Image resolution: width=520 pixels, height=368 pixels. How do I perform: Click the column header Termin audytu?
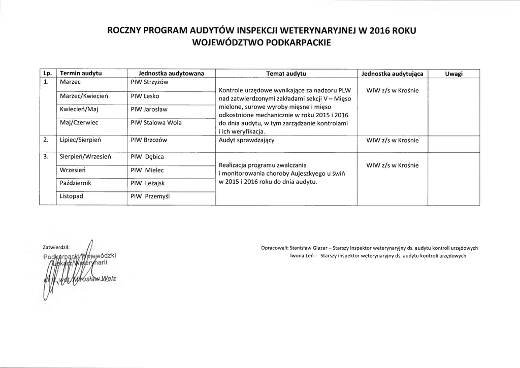(81, 74)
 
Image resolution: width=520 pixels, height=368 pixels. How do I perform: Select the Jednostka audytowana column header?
(168, 74)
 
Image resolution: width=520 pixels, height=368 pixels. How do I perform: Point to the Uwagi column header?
(453, 74)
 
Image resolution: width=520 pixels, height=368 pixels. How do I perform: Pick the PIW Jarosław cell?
(149, 109)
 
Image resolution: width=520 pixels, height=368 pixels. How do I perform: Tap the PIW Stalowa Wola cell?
(155, 122)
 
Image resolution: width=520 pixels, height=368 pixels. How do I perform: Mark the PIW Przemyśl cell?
(150, 196)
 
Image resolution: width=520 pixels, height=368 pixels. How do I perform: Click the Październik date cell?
(76, 183)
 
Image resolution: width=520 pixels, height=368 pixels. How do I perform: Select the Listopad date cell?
(72, 196)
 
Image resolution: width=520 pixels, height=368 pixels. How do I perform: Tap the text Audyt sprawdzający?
(247, 140)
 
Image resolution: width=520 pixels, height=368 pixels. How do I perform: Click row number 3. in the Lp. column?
(46, 157)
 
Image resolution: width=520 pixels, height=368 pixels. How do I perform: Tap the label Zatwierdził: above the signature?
(56, 247)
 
